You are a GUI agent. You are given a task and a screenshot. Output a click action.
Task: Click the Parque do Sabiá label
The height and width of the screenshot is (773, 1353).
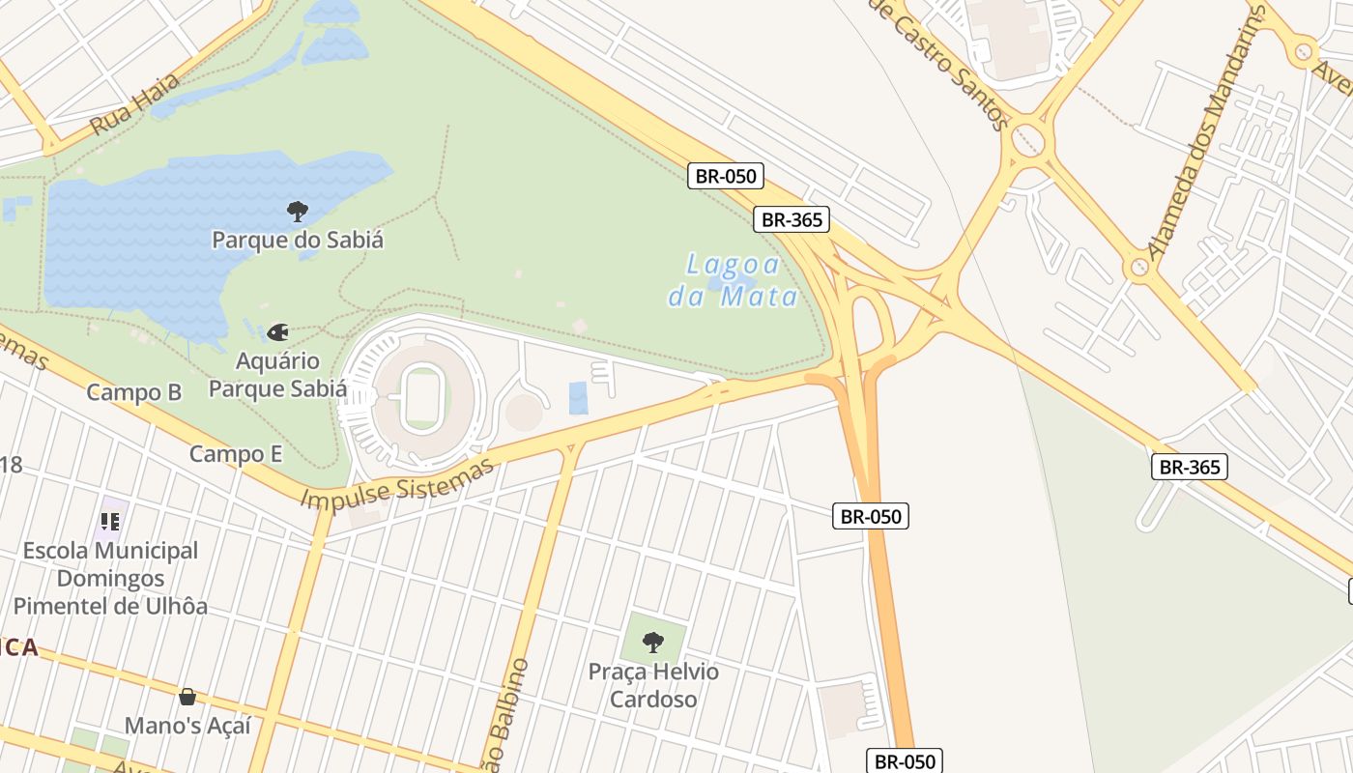point(297,240)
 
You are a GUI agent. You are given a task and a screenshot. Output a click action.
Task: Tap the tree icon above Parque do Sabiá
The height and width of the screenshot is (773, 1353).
point(298,211)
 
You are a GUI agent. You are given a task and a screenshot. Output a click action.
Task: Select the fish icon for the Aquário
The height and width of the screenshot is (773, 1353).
point(278,332)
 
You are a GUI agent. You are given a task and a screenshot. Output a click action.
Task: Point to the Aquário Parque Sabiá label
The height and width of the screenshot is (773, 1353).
point(278,375)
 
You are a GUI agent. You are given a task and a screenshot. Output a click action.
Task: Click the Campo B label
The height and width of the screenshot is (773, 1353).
point(134,392)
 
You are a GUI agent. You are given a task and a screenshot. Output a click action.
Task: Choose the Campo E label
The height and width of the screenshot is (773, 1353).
point(236,454)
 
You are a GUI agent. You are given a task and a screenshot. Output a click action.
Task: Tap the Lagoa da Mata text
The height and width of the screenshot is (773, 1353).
point(734,280)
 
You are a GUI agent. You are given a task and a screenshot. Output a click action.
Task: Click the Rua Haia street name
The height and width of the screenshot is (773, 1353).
point(134,103)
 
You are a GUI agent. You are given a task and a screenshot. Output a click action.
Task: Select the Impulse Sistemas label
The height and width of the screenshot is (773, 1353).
point(397,484)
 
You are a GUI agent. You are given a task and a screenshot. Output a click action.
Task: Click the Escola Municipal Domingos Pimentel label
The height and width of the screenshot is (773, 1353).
point(110,578)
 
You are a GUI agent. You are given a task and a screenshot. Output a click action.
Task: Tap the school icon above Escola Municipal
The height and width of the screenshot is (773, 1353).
point(110,522)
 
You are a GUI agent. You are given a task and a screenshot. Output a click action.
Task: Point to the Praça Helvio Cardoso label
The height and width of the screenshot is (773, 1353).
point(653,685)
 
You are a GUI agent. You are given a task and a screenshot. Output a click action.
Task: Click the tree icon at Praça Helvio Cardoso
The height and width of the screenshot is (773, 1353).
point(653,641)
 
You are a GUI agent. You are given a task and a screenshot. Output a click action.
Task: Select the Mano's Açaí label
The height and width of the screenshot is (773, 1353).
point(187,725)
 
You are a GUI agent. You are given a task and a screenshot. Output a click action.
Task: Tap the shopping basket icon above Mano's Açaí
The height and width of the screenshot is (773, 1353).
point(187,697)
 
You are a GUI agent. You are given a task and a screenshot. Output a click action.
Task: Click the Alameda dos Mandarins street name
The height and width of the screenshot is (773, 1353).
point(1205,134)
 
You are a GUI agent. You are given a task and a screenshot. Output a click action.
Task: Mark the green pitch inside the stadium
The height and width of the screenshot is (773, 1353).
point(422,398)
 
